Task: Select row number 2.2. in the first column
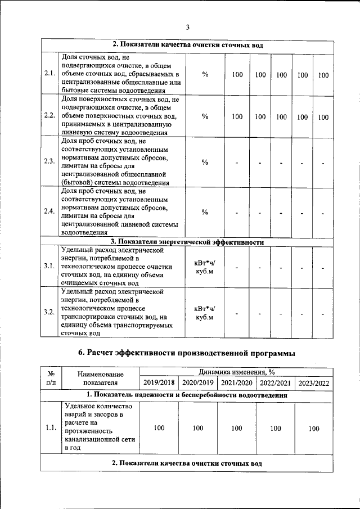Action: click(x=49, y=116)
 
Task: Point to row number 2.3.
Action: click(x=49, y=161)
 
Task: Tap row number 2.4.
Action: click(x=49, y=211)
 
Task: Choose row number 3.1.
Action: click(x=49, y=265)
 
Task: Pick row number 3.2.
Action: click(x=49, y=312)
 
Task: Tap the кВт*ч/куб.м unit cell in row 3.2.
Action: click(x=205, y=313)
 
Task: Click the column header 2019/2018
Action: click(x=159, y=383)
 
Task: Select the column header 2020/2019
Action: click(x=198, y=383)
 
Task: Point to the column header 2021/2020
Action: click(x=236, y=383)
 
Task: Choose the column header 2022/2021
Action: click(x=275, y=383)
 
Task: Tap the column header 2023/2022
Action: click(x=314, y=383)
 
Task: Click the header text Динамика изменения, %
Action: click(x=236, y=372)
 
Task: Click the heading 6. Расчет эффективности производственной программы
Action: click(x=186, y=353)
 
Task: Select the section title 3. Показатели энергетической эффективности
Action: click(x=187, y=242)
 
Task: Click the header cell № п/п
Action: click(x=51, y=377)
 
